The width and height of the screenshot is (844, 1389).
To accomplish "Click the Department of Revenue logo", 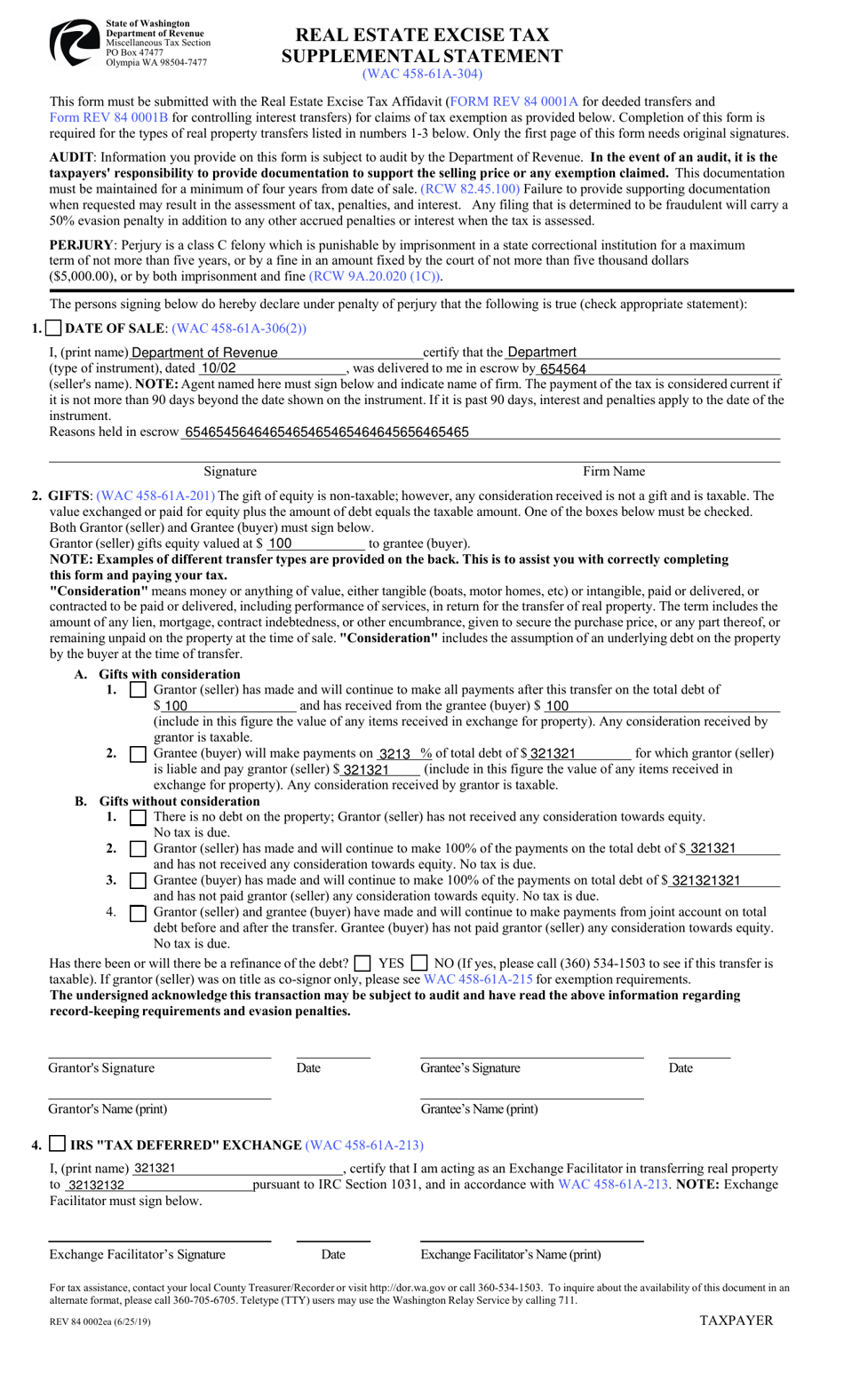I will pyautogui.click(x=74, y=42).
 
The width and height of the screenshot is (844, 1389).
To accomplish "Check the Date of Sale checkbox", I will pyautogui.click(x=53, y=329).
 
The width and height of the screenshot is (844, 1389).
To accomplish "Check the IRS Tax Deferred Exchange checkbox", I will pyautogui.click(x=58, y=1144).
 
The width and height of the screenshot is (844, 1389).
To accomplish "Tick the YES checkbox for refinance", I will pyautogui.click(x=362, y=963).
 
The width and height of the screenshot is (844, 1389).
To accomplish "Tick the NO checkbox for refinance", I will pyautogui.click(x=419, y=963).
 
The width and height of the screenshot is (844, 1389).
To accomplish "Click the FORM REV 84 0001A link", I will pyautogui.click(x=514, y=102).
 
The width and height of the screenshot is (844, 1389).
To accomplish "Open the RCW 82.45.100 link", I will pyautogui.click(x=470, y=189).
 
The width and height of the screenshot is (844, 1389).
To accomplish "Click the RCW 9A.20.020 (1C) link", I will pyautogui.click(x=375, y=276).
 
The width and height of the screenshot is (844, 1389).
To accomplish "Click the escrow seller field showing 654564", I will pyautogui.click(x=657, y=369).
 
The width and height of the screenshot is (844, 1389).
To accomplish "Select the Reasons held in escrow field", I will pyautogui.click(x=480, y=433).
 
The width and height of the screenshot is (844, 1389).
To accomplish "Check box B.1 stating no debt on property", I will pyautogui.click(x=138, y=817).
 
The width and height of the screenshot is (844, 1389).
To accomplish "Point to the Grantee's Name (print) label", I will pyautogui.click(x=479, y=1109).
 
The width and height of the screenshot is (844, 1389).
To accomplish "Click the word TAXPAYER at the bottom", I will pyautogui.click(x=736, y=1321).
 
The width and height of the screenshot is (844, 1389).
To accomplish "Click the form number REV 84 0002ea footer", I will pyautogui.click(x=100, y=1322).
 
